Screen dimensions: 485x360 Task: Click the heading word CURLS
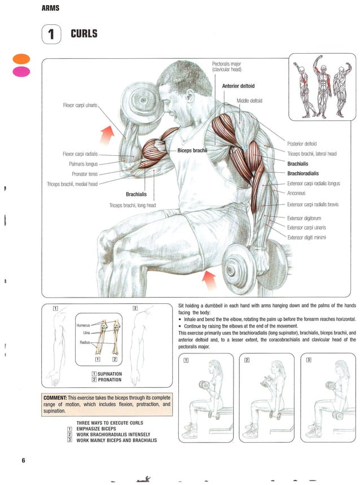(84, 34)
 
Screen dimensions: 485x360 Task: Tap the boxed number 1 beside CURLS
(51, 35)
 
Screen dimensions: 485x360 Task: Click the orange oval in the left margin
(21, 59)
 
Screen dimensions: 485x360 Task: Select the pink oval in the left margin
(21, 71)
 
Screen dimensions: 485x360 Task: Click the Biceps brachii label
(192, 150)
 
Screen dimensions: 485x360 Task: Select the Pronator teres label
(85, 174)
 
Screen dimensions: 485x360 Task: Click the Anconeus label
(296, 194)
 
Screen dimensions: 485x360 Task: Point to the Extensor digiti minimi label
(306, 238)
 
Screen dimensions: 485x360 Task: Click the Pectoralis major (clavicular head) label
(227, 67)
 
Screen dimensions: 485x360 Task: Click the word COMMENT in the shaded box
(55, 398)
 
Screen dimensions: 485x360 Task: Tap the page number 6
(23, 460)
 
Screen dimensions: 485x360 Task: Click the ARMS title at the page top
(50, 8)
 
